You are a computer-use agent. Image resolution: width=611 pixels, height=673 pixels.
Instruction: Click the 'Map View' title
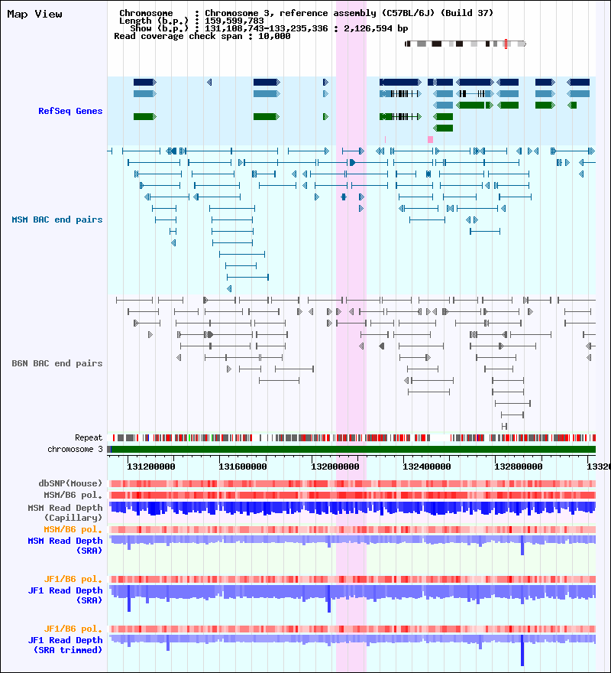(34, 15)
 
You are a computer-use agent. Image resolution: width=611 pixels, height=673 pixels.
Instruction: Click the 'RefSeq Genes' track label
(70, 112)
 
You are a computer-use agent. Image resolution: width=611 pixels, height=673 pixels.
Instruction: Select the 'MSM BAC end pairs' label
(57, 220)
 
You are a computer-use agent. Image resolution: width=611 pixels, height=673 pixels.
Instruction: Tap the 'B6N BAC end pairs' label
(57, 364)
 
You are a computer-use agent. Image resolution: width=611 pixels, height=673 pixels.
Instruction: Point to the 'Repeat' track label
(89, 438)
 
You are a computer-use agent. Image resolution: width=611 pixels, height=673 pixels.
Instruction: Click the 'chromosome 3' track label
(75, 450)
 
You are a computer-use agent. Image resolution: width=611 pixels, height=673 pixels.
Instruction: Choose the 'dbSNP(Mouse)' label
(70, 484)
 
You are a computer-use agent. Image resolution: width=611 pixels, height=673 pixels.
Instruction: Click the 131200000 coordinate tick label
(151, 466)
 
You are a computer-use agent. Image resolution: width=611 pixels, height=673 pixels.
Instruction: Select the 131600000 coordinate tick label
(243, 466)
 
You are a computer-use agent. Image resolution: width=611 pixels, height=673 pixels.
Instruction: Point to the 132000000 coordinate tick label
(335, 466)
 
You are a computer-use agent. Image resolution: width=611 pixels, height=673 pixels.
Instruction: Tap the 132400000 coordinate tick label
(427, 466)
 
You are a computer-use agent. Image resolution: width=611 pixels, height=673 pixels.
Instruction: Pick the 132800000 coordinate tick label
(519, 466)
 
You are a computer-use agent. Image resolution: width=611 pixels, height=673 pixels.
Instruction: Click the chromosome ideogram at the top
(465, 44)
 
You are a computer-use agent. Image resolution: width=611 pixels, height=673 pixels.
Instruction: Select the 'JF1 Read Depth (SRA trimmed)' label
(66, 645)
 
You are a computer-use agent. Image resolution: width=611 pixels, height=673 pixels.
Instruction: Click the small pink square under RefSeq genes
(430, 139)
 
